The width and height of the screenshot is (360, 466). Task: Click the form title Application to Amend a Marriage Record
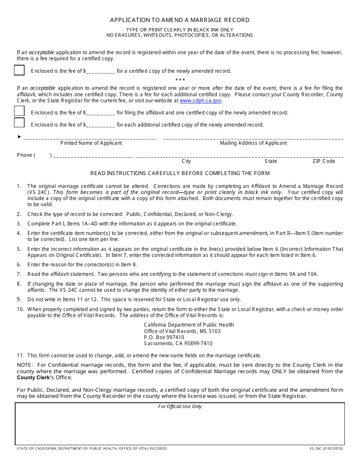[180, 20]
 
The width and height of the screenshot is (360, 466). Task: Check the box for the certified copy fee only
[19, 70]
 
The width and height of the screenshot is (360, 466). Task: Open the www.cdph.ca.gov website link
[200, 101]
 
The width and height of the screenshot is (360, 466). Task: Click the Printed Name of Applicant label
[91, 143]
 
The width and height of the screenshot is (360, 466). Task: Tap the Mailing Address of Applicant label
[253, 143]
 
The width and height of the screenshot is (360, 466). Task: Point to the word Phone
[24, 155]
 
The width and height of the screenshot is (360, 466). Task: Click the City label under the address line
[186, 161]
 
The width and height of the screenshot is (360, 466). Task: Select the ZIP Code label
[324, 161]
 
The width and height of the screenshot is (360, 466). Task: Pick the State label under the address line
[271, 161]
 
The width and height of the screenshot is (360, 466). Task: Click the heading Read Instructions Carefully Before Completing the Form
[180, 174]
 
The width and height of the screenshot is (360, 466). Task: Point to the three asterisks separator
[180, 80]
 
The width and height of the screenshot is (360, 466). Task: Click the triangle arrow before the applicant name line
[19, 137]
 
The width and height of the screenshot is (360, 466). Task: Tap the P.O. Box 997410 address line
[164, 337]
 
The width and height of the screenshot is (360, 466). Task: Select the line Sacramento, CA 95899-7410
[178, 344]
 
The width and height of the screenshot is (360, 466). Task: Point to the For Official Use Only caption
[180, 407]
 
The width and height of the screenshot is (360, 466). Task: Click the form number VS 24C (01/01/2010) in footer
[326, 449]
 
